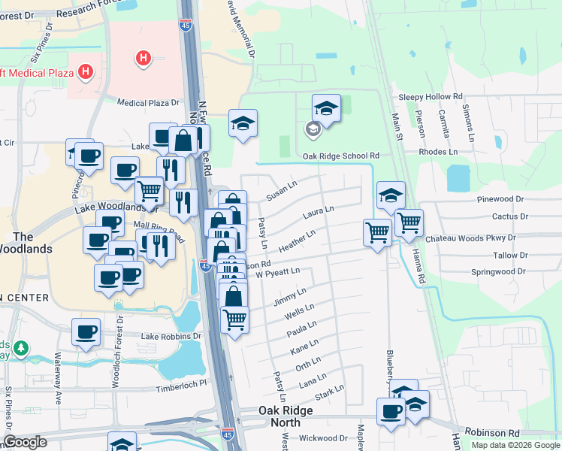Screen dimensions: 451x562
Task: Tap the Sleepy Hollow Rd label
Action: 431,97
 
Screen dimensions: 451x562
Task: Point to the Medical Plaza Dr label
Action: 150,102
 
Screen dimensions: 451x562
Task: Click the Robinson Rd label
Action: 492,433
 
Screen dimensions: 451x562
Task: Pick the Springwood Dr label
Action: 497,271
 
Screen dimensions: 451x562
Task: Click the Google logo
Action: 26,442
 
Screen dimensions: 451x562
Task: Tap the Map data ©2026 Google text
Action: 515,445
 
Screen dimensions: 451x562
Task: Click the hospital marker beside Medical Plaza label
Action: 86,73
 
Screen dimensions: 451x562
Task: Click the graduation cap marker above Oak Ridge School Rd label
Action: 325,108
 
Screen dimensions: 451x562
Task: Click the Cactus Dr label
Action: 510,216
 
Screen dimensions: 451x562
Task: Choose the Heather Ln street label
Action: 296,242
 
